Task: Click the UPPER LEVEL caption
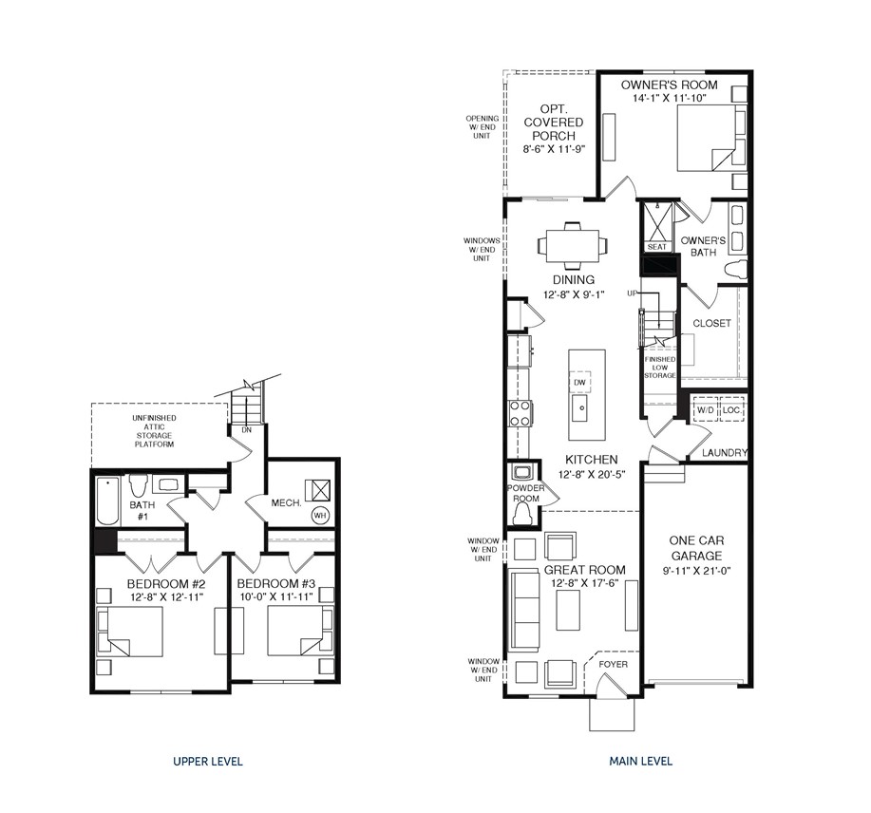pos(207,762)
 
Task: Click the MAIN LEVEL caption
pos(640,762)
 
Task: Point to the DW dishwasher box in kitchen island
pos(579,382)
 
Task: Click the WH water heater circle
pos(320,516)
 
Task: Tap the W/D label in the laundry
pos(706,410)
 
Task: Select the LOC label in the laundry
pos(730,410)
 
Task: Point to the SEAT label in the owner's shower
pos(657,247)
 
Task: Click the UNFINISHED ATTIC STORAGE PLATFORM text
pos(154,431)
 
